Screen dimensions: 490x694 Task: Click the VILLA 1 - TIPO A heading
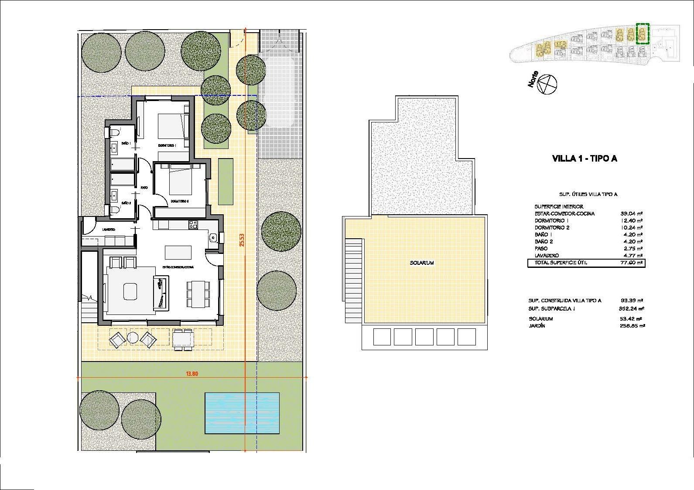point(584,159)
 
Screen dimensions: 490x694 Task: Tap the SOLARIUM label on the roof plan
point(421,263)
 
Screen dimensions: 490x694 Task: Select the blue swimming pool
point(242,413)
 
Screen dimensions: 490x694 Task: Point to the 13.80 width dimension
point(192,373)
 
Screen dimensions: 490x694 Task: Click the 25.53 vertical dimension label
point(241,240)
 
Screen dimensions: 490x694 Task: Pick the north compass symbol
point(547,84)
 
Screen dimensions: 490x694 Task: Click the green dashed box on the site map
point(643,34)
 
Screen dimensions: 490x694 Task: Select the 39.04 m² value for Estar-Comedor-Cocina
point(631,214)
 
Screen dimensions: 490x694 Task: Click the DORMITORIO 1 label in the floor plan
point(167,145)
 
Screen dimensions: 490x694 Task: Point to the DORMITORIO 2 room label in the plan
point(179,201)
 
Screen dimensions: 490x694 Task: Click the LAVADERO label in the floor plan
point(109,230)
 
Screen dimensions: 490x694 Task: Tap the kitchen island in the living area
point(178,252)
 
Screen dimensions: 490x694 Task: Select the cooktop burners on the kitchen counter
point(192,225)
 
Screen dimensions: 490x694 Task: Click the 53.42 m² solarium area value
point(632,319)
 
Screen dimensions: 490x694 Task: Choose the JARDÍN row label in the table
point(537,326)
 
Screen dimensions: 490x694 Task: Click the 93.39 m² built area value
point(632,301)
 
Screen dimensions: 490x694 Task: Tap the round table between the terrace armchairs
point(133,337)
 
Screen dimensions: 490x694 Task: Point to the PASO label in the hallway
point(144,188)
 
